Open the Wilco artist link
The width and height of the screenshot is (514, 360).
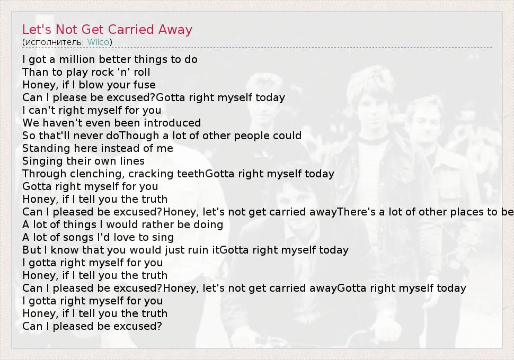click(98, 42)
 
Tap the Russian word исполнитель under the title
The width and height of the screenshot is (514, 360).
click(55, 42)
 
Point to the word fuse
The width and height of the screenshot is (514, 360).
click(144, 85)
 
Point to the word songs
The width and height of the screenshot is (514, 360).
click(74, 238)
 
